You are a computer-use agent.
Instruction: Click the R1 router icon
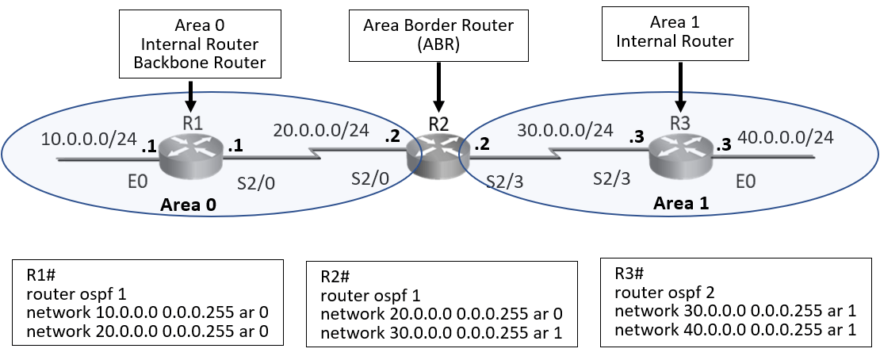click(189, 156)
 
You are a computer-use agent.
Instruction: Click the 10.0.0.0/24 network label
click(89, 140)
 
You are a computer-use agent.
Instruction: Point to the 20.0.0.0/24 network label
click(319, 129)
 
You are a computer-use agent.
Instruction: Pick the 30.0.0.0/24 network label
click(564, 129)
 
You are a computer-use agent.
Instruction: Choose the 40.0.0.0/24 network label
click(785, 138)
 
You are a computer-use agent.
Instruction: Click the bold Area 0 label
click(189, 205)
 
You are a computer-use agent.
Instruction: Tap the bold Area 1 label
click(681, 203)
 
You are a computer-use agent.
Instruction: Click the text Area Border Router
click(438, 25)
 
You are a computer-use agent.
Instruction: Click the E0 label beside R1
click(138, 184)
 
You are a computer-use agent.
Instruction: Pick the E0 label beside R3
click(745, 183)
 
